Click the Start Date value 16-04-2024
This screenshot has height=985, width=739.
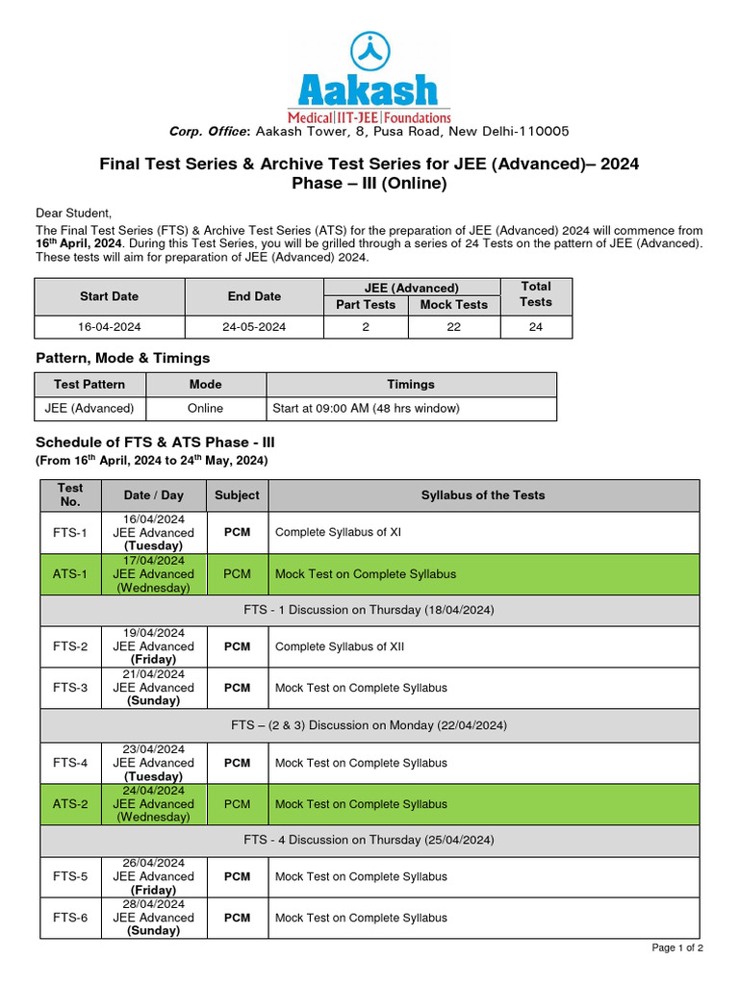[x=110, y=327]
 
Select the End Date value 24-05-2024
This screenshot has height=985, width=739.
[x=254, y=327]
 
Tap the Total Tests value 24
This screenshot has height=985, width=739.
[x=535, y=327]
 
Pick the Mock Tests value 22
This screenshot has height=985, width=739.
[x=453, y=327]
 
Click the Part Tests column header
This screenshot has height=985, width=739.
[x=366, y=305]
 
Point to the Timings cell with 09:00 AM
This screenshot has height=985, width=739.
[x=366, y=408]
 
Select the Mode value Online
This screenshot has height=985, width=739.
[x=205, y=408]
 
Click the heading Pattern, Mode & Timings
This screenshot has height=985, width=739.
[x=122, y=358]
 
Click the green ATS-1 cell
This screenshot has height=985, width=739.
[x=70, y=574]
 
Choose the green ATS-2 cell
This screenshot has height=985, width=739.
[x=70, y=804]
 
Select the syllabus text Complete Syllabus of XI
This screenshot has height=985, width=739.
[x=338, y=532]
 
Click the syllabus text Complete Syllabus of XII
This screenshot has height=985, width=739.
[x=340, y=646]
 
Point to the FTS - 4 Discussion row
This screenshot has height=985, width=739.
[x=369, y=840]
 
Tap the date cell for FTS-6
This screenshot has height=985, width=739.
[x=153, y=918]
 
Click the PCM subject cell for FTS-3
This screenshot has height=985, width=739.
[x=237, y=688]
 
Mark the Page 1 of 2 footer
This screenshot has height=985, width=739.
[x=677, y=948]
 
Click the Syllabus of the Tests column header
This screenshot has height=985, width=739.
[x=482, y=495]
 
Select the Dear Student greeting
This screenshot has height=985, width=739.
[x=74, y=213]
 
